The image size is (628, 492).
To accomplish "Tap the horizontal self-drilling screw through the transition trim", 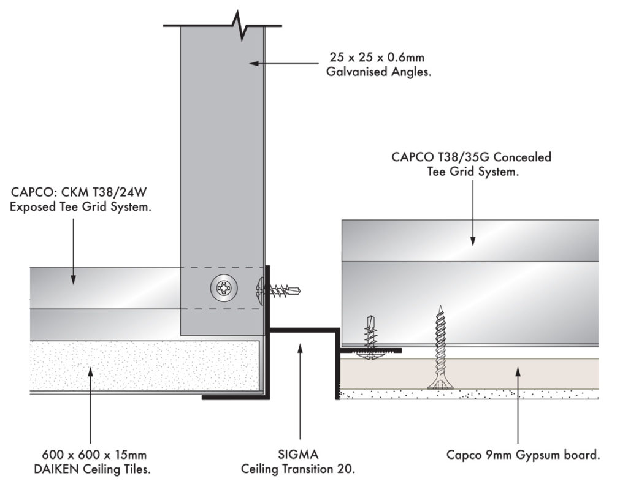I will tap(279, 288).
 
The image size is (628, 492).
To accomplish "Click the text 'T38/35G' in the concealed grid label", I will tap(468, 157).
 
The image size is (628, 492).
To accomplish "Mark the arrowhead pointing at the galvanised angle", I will tap(253, 62).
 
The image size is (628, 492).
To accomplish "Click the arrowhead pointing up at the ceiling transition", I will tap(300, 348).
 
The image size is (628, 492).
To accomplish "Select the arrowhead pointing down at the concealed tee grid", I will tap(473, 241).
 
